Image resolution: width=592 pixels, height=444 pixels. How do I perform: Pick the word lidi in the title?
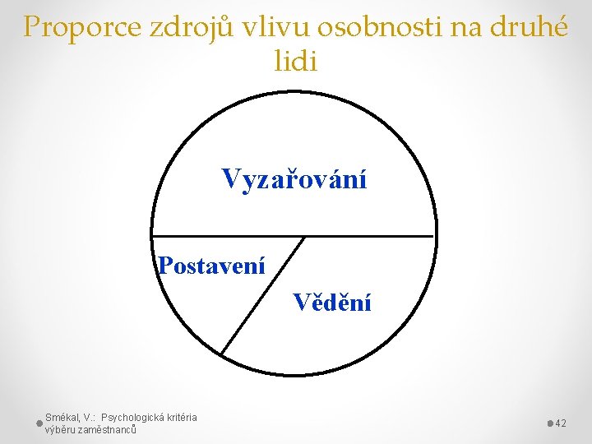coord(295,61)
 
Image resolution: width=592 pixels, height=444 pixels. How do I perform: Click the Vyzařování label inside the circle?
coord(294,178)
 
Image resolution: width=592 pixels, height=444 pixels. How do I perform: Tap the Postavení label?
coord(212,266)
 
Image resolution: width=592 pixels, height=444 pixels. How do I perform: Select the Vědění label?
coord(332,303)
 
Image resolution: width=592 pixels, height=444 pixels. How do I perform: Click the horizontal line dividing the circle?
coord(370,237)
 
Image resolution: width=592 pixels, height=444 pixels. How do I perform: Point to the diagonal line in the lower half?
coord(263,296)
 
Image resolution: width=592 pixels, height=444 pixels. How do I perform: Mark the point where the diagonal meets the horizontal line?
coord(305,237)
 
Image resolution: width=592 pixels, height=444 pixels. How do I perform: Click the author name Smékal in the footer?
coord(62,418)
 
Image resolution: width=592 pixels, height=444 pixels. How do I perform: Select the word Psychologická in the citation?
coord(132,418)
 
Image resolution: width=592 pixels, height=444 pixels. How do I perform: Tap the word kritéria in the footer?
coord(182,418)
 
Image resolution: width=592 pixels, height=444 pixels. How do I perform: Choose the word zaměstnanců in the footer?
coord(106,429)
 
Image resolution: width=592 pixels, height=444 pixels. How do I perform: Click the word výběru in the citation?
coord(60,429)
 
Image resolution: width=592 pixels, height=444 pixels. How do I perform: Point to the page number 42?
coord(562,423)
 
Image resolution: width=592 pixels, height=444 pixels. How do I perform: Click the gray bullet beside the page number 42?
coord(550,423)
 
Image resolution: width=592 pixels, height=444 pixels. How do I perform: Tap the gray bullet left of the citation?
coord(39,423)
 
